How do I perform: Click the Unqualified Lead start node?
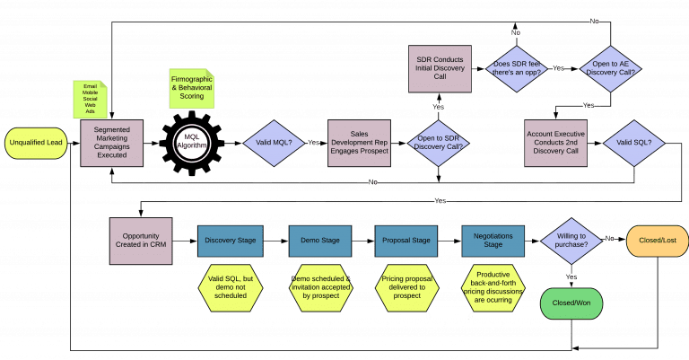(35, 142)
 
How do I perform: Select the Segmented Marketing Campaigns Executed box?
(112, 142)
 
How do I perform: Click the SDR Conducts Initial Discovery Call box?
(440, 67)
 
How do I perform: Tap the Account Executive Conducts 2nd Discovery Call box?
(555, 142)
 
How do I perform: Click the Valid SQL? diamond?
(632, 142)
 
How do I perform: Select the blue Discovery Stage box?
(230, 241)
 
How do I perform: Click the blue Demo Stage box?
(319, 241)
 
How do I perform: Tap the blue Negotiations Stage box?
(493, 241)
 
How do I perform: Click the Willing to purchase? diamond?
(573, 241)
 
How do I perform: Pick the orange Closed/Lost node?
(656, 241)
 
